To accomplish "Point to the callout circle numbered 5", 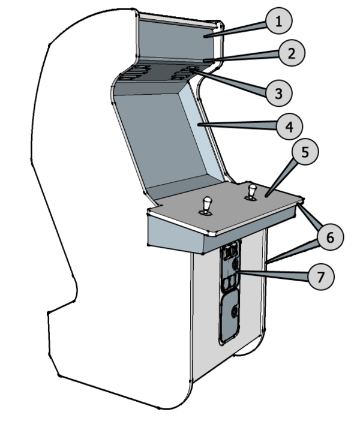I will click(305, 153).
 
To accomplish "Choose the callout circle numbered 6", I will click(329, 238).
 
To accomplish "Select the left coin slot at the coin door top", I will click(227, 251).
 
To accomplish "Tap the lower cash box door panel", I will click(230, 316).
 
